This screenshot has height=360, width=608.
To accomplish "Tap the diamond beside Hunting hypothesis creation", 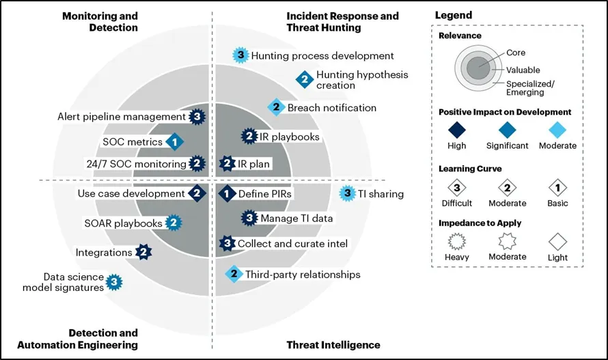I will (x=304, y=79).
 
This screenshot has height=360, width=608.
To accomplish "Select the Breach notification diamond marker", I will (x=275, y=107).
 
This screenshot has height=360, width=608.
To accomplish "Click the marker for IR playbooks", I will (x=249, y=137).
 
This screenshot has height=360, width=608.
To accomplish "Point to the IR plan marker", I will (x=227, y=163).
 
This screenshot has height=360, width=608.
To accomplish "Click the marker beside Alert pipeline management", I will (x=197, y=117).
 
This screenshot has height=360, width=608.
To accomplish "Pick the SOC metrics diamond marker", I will (x=175, y=141).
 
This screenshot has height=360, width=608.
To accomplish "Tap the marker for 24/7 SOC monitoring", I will (x=197, y=163).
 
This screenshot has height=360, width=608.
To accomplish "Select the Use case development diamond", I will (x=197, y=193).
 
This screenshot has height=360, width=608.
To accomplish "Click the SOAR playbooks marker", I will (x=174, y=223).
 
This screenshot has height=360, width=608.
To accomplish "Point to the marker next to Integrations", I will (x=143, y=252).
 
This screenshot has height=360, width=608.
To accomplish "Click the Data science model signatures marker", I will (x=115, y=281).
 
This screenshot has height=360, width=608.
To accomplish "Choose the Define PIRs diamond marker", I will (x=227, y=194).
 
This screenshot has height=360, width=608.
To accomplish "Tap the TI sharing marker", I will (x=348, y=193).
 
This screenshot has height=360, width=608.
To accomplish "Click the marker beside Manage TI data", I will (x=250, y=218).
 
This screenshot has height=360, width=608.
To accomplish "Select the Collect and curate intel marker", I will (x=227, y=243).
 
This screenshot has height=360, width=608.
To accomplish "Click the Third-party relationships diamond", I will (x=234, y=275).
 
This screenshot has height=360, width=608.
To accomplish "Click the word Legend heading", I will (x=453, y=15).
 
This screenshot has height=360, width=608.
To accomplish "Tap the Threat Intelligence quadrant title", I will (x=333, y=345).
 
